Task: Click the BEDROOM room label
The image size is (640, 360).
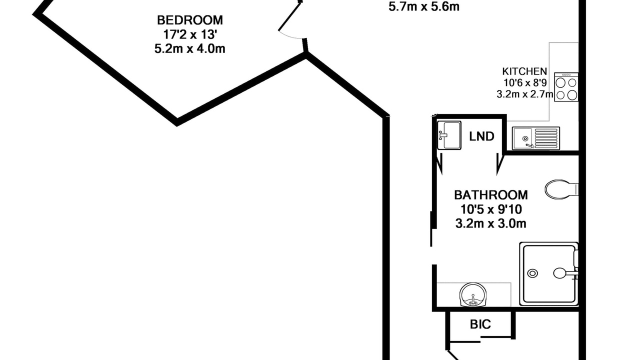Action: coord(190,20)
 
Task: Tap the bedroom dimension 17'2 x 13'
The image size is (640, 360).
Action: coord(190,34)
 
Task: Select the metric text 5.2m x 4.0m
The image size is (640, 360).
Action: coord(190,49)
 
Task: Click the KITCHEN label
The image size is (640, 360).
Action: coord(524,71)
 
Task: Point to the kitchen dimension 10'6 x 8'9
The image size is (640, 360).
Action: coord(525,83)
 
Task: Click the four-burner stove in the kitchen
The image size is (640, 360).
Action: coord(566,87)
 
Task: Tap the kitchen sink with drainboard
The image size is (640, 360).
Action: coord(535,138)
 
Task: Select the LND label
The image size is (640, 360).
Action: coord(481,136)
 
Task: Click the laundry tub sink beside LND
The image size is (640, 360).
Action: coord(449,135)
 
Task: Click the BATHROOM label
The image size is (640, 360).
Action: coord(491,195)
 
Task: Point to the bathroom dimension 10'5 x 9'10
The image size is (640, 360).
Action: coord(491,209)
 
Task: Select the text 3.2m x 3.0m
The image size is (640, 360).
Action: coord(491,223)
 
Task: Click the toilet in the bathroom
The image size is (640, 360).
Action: coord(561,189)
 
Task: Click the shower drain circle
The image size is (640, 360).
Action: coord(532,273)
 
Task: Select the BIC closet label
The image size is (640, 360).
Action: coord(480,324)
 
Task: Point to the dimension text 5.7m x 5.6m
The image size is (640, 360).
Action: coord(424,6)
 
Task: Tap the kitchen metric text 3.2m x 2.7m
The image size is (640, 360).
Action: coord(525,94)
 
